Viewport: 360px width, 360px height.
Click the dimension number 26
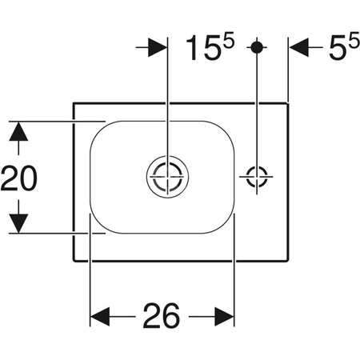coord(162,316)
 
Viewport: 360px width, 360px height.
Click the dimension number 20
coord(19,178)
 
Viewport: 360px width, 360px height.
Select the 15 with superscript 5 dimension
coord(210,46)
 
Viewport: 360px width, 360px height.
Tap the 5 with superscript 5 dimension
coord(345,46)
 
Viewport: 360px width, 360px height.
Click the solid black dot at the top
coord(257,47)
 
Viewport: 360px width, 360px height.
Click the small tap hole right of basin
coord(257,177)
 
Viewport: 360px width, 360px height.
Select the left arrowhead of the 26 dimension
coord(100,317)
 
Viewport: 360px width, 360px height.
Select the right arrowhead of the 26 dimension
coord(224,317)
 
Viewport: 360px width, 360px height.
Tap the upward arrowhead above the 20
coord(18,131)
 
